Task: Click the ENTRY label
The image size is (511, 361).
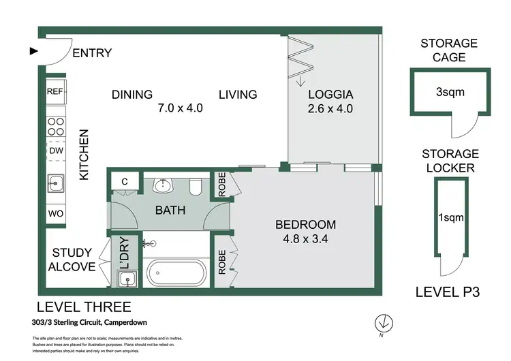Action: tap(92, 52)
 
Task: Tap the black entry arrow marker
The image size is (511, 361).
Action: tap(34, 51)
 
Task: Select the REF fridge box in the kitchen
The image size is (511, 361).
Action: tap(56, 91)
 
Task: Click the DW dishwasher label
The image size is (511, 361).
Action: tap(56, 151)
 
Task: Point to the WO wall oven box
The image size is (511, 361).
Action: tap(56, 214)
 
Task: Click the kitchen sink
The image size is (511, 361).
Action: tap(56, 183)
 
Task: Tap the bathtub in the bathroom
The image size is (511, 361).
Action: tap(176, 273)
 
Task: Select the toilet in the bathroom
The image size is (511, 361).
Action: tap(196, 187)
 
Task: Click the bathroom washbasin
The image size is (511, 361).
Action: tap(164, 186)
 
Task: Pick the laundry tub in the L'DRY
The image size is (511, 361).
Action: tap(127, 279)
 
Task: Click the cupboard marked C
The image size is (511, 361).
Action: tap(125, 181)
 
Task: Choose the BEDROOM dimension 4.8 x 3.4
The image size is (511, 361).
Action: tap(305, 239)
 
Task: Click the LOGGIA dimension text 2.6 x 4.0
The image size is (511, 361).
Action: tap(330, 108)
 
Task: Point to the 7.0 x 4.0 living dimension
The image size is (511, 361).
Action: tap(181, 108)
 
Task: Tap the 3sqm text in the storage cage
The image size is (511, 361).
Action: tap(450, 92)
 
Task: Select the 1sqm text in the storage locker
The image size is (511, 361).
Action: tap(451, 217)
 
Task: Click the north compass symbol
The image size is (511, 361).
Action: tap(384, 324)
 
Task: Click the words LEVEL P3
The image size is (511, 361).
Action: tap(448, 292)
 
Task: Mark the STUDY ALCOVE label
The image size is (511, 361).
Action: tap(72, 260)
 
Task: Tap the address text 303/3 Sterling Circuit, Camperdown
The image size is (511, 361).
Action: tap(89, 323)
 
